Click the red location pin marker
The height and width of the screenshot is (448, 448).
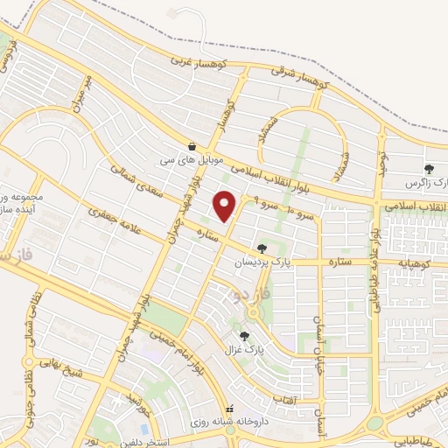[x=226, y=205]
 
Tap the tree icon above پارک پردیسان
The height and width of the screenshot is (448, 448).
[x=262, y=248]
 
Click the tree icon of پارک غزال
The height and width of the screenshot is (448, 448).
[x=243, y=335]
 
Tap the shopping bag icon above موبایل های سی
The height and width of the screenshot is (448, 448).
[x=191, y=146]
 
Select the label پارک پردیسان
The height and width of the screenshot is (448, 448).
[x=261, y=262]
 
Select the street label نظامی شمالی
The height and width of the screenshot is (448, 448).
[x=27, y=344]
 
